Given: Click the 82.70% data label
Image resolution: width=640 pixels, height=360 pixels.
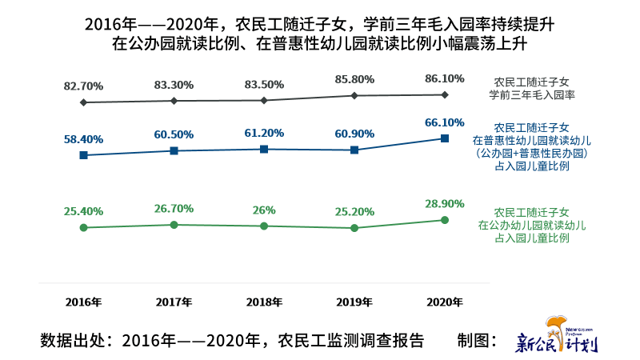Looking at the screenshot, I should tap(83, 86).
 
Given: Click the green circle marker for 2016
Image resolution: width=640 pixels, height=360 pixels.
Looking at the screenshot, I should tap(83, 228).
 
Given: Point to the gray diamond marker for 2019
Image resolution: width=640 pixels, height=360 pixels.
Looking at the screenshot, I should tap(354, 96).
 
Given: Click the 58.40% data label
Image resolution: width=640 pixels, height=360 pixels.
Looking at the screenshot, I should tap(83, 139).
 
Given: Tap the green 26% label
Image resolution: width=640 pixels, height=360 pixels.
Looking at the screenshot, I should tap(264, 210).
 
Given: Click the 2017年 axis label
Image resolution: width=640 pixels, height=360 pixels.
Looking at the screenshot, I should tap(174, 302).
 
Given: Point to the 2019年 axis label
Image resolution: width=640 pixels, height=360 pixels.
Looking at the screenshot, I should tap(354, 302).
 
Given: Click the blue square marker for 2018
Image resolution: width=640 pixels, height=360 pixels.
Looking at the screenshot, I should tap(264, 149).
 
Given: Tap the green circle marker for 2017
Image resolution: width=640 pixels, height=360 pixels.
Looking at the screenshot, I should tap(174, 225).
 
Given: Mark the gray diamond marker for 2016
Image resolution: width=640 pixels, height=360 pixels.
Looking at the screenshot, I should tap(83, 102).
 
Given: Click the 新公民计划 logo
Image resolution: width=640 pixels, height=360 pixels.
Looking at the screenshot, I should tap(557, 340).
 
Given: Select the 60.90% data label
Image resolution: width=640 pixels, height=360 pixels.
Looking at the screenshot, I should tap(354, 133).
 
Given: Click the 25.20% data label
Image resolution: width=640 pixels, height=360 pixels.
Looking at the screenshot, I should tap(354, 212).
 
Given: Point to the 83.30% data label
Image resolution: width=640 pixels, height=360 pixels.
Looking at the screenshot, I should tap(174, 85).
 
